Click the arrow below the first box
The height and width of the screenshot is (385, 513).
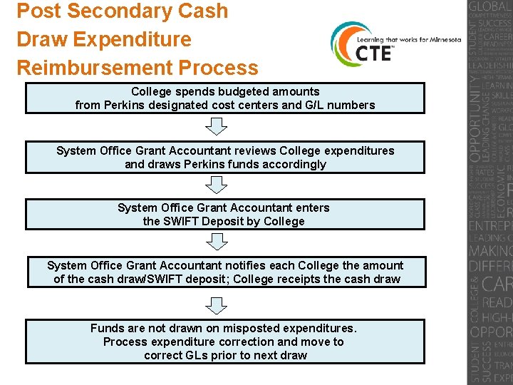[216, 127]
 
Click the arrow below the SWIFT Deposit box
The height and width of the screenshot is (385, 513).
[216, 242]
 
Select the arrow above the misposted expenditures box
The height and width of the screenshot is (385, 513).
[216, 305]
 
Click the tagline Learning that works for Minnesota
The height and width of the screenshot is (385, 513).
[413, 40]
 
